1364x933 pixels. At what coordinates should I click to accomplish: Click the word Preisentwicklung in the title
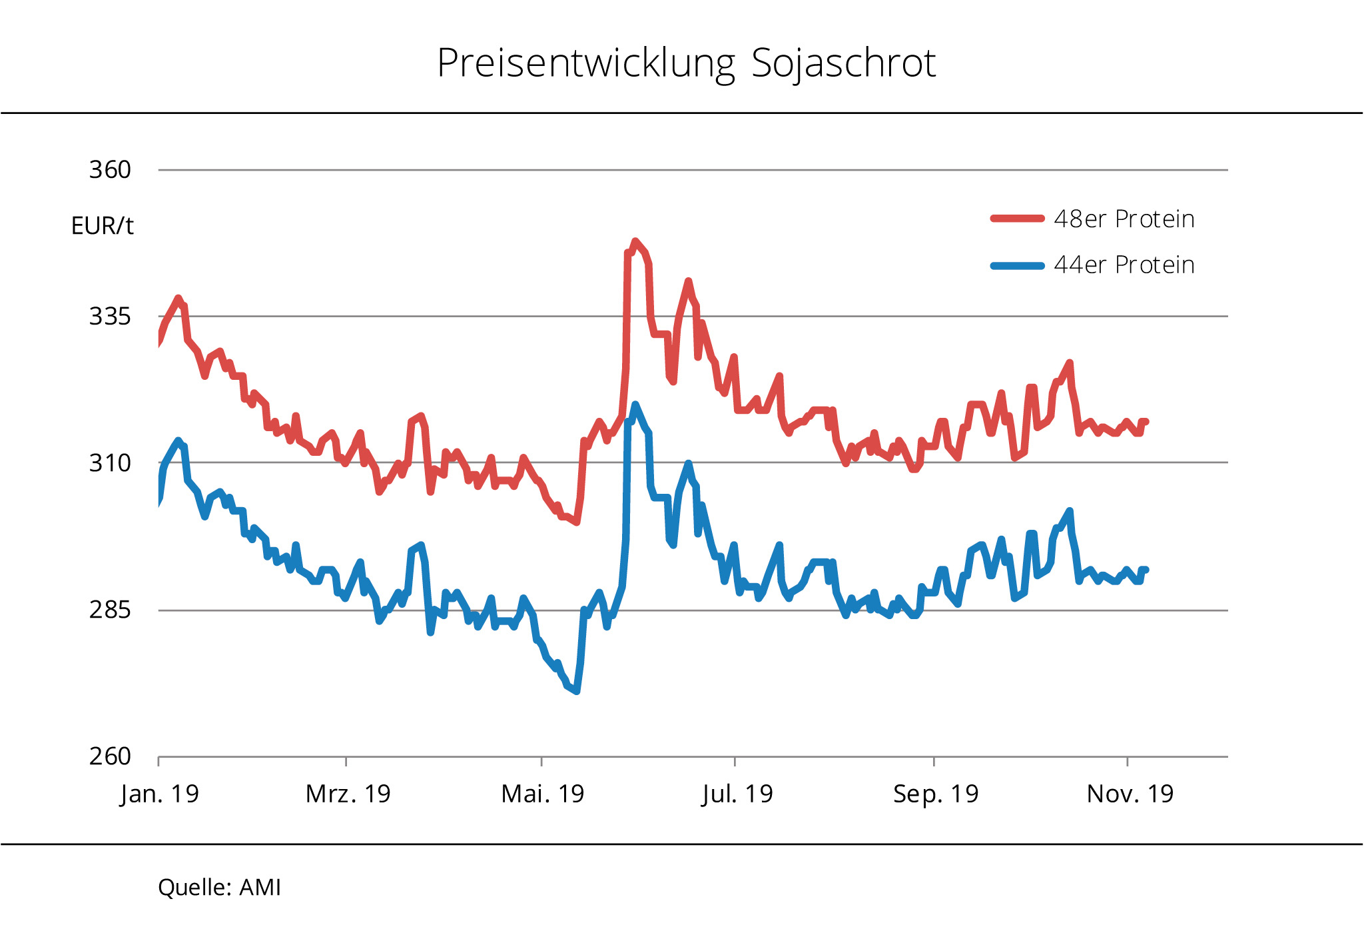pos(586,64)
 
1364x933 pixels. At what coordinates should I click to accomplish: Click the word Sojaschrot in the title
pos(843,64)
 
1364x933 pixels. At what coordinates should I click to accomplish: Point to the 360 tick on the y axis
pos(110,170)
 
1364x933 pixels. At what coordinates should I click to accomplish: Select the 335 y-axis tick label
pos(110,316)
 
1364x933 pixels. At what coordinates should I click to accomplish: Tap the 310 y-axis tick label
pos(110,463)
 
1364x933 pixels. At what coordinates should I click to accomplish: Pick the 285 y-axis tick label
pos(110,610)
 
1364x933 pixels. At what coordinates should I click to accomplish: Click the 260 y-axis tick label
pos(110,756)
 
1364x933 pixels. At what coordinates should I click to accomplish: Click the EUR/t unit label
pos(102,227)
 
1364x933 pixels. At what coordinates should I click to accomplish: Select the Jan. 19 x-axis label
pos(160,794)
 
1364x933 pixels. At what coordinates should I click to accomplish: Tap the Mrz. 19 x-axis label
pos(348,794)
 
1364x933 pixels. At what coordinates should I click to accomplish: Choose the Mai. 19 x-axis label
pos(542,794)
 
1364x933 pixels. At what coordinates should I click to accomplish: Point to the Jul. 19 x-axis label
pos(737,794)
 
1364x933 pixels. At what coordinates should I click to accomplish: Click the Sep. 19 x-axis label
pos(935,794)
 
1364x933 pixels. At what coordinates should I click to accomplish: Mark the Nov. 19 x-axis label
pos(1130,794)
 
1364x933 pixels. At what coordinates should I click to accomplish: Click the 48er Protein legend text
pos(1124,219)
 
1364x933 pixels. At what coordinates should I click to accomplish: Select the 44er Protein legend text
pos(1124,265)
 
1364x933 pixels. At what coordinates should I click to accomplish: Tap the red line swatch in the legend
pos(1017,219)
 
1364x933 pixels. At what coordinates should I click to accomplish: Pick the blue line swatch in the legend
pos(1017,265)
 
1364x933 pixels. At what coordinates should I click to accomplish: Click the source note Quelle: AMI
pos(219,888)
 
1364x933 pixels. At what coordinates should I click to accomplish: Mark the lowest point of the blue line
pos(577,691)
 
